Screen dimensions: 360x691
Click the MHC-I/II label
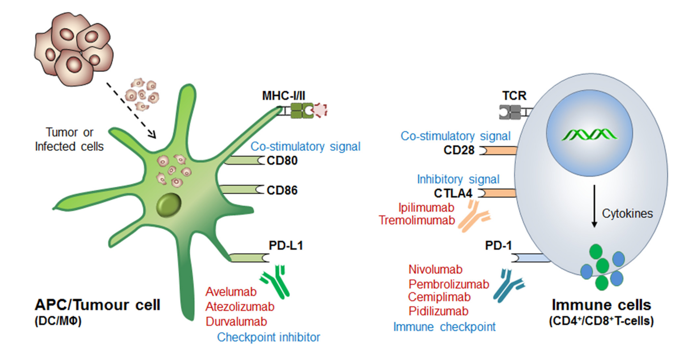point(284,96)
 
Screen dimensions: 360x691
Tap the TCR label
point(514,96)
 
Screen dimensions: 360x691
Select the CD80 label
point(282,161)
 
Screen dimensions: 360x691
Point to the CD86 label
point(282,190)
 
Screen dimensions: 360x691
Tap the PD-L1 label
point(286,245)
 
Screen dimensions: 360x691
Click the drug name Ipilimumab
point(426,208)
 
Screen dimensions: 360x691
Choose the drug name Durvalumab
point(236,322)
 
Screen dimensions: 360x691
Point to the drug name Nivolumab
point(435,269)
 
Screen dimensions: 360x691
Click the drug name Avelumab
point(231,292)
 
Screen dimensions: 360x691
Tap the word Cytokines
point(627,214)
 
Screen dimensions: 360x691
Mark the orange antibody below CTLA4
point(473,217)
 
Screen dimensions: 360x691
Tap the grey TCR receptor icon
point(510,112)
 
